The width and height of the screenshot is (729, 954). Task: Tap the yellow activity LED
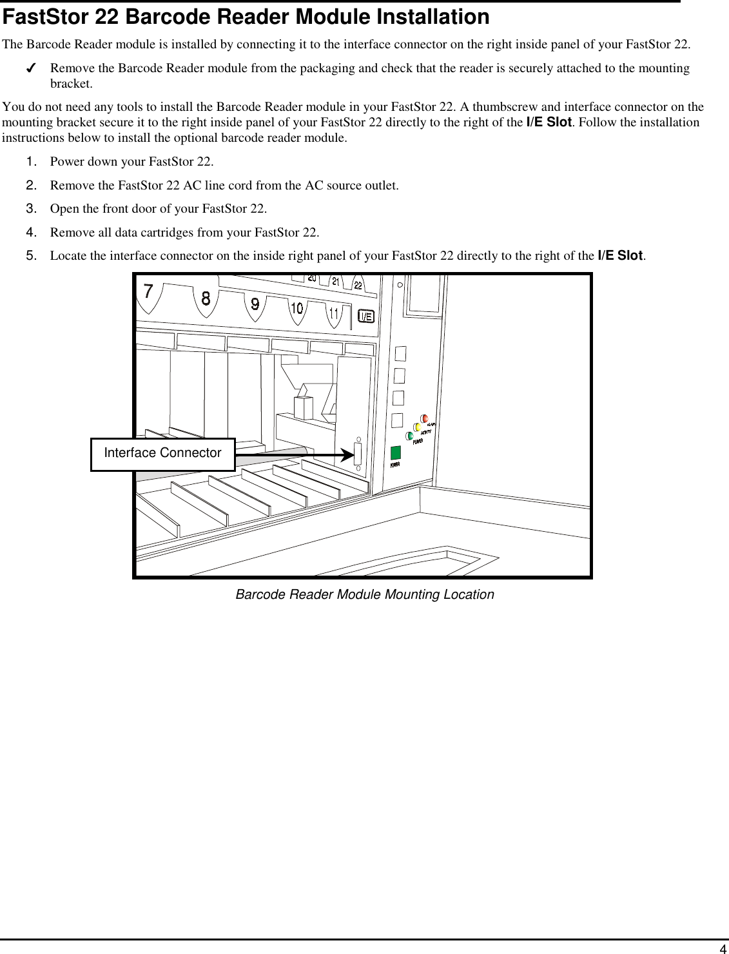[x=418, y=427]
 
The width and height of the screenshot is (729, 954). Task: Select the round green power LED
[x=409, y=436]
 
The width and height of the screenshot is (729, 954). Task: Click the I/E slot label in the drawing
[x=365, y=316]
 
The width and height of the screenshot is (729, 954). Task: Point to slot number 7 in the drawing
[x=148, y=292]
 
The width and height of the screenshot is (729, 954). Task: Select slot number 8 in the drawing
[x=206, y=298]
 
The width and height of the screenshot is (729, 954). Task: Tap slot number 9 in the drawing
[x=255, y=304]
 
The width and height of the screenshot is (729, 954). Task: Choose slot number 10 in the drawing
[x=296, y=309]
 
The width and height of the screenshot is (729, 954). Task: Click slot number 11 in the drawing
[x=334, y=314]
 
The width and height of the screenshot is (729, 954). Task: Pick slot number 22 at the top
[x=358, y=286]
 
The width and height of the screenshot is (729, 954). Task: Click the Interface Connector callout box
[x=162, y=454]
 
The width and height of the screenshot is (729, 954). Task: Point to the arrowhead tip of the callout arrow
[x=353, y=455]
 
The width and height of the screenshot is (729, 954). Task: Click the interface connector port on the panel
[x=358, y=455]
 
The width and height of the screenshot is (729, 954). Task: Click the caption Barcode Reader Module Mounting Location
[x=364, y=594]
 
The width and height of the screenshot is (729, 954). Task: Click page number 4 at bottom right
[x=723, y=948]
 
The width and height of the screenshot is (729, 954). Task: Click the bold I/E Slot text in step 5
[x=620, y=255]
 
